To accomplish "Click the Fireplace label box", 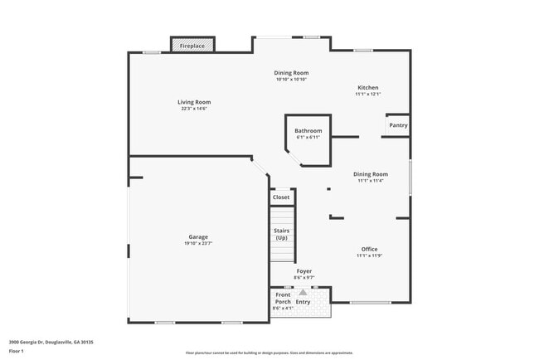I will click(192, 46).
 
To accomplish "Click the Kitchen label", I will click(367, 87).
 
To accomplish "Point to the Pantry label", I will click(398, 125).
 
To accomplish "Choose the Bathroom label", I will click(308, 130).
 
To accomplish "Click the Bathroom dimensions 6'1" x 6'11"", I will click(308, 137).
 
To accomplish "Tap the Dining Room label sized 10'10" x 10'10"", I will click(291, 73).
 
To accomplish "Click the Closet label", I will click(281, 197).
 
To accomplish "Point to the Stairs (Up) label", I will click(281, 234).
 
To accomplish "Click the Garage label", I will click(197, 236).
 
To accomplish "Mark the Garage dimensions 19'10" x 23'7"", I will click(197, 243).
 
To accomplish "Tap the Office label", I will click(369, 249).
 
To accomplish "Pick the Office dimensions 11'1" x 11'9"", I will click(369, 255).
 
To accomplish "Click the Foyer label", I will click(304, 270).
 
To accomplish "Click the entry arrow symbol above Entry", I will click(303, 292).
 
